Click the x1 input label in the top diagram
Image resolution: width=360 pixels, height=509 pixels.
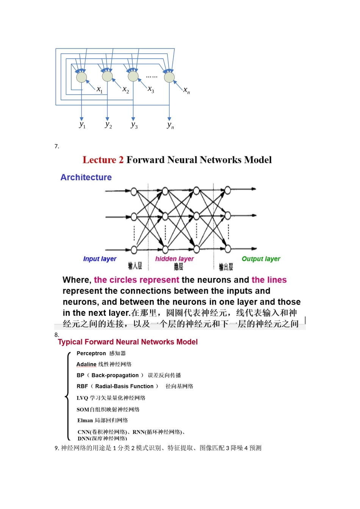pyautogui.click(x=99, y=90)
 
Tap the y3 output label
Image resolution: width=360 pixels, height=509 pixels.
pyautogui.click(x=134, y=125)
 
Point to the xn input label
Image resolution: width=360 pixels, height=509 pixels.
pyautogui.click(x=186, y=90)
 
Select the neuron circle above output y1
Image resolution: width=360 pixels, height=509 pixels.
pyautogui.click(x=81, y=77)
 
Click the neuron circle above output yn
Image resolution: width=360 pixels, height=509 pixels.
pyautogui.click(x=169, y=77)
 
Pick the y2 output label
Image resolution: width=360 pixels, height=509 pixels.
pyautogui.click(x=108, y=125)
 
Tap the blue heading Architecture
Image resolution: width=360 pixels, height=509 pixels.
pyautogui.click(x=86, y=177)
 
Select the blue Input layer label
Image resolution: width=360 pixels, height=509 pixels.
pyautogui.click(x=100, y=259)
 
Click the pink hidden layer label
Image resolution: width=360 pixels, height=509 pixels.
pyautogui.click(x=174, y=259)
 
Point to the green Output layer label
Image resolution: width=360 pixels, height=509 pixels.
pyautogui.click(x=261, y=259)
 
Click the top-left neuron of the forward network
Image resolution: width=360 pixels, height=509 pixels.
pyautogui.click(x=134, y=192)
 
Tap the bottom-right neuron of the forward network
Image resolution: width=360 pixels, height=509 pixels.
pyautogui.click(x=228, y=249)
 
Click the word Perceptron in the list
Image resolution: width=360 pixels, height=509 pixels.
pyautogui.click(x=91, y=353)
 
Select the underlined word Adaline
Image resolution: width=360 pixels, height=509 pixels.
pyautogui.click(x=86, y=364)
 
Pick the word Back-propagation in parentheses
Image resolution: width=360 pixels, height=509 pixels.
pyautogui.click(x=115, y=375)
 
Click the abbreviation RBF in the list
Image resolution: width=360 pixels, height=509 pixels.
pyautogui.click(x=82, y=386)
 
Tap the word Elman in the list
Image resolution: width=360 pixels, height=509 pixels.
pyautogui.click(x=85, y=420)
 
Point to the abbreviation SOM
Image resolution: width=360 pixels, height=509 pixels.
pyautogui.click(x=83, y=409)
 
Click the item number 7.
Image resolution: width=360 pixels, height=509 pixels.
pyautogui.click(x=56, y=146)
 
